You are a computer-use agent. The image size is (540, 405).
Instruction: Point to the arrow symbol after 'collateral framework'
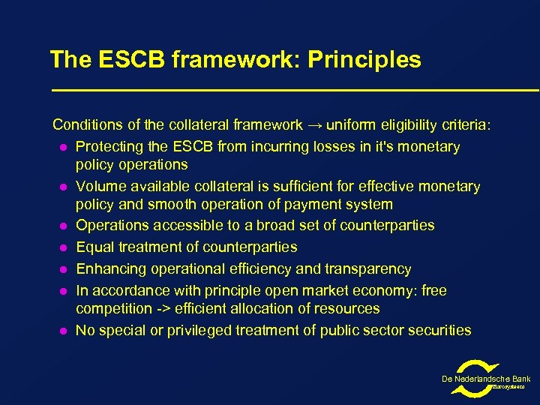coord(314,124)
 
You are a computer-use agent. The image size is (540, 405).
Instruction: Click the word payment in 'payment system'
coord(304,204)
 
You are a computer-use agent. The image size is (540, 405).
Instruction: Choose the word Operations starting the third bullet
coord(112,225)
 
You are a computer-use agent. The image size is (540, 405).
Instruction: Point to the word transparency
coord(369,268)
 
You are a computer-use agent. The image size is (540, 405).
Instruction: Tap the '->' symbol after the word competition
coord(166,308)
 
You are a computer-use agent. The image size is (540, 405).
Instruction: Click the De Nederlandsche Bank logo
coord(486,377)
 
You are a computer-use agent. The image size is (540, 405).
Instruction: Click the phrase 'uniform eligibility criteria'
coord(408,124)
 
